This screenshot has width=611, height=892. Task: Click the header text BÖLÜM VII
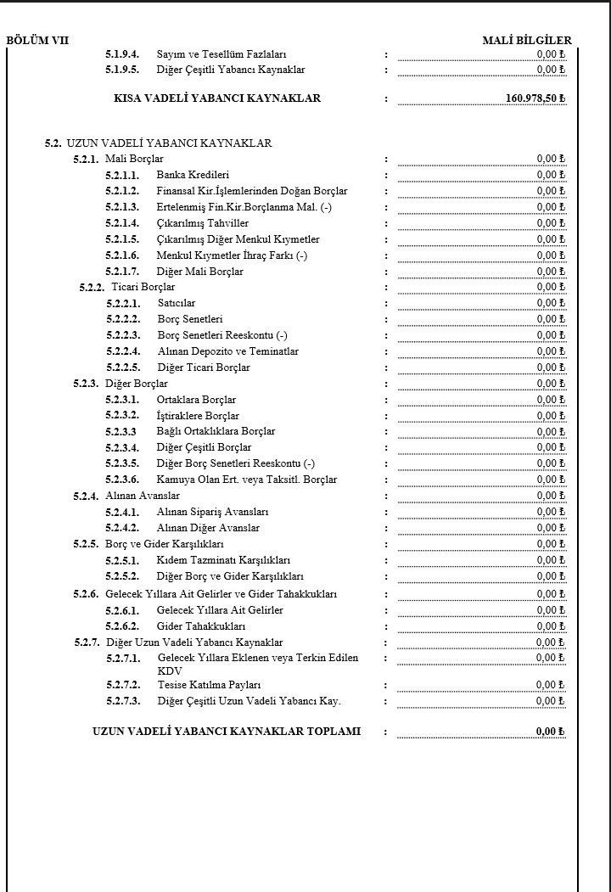click(x=37, y=40)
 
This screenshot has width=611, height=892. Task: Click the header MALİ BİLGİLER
click(x=526, y=40)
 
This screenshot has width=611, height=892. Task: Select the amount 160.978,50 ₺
click(x=535, y=98)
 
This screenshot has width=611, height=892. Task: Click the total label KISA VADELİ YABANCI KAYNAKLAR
click(x=217, y=98)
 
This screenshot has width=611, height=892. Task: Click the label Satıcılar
click(x=177, y=303)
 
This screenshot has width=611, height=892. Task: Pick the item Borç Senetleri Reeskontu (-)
click(x=222, y=335)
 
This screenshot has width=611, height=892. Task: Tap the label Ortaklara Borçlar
click(x=197, y=400)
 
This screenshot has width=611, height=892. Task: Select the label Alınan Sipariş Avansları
click(x=213, y=512)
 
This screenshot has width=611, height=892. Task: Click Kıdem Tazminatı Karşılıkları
click(x=224, y=561)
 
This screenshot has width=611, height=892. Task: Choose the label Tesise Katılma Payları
click(x=210, y=685)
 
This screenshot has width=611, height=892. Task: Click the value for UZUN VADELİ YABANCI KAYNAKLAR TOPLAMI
click(x=550, y=732)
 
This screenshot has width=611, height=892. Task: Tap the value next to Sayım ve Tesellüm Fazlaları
click(x=551, y=54)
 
